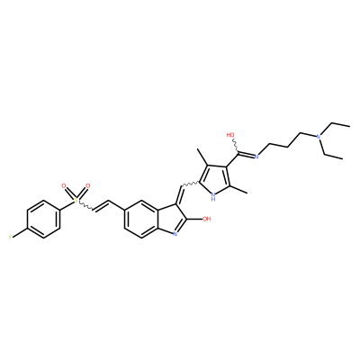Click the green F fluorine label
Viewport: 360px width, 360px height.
pos(11,238)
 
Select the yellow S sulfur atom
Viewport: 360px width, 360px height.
pos(76,200)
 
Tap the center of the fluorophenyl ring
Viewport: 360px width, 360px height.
pos(43,220)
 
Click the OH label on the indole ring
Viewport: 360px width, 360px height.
pos(206,219)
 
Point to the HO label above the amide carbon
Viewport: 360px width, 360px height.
pos(230,135)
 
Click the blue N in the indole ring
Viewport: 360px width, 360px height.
pos(175,234)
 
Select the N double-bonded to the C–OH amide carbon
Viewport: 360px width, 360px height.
pos(256,156)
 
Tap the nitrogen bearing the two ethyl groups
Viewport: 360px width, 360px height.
pos(319,137)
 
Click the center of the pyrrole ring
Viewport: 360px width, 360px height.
pos(214,179)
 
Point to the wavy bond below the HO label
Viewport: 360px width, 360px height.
pos(236,147)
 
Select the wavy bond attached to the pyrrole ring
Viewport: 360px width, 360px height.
pos(188,184)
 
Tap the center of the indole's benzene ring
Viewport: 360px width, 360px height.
pos(141,220)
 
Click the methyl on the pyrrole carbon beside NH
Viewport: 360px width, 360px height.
pos(239,190)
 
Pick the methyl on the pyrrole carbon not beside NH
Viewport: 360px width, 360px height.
pos(202,157)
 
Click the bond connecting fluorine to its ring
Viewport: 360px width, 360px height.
pos(20,233)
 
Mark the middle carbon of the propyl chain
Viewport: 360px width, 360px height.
pos(288,147)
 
